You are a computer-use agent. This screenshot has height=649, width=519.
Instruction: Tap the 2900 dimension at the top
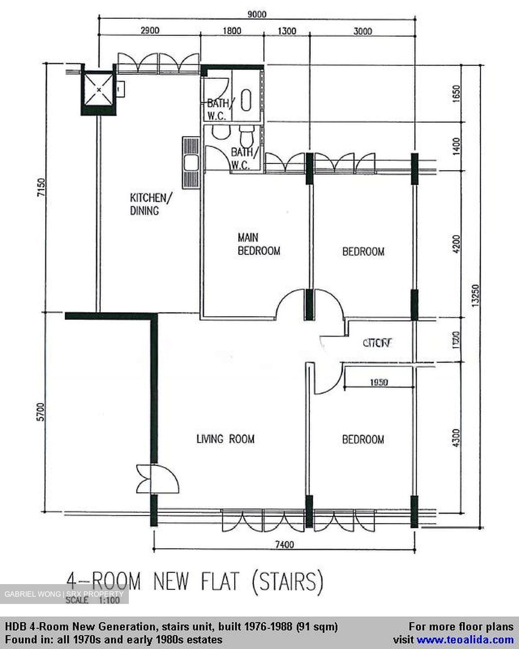(x=150, y=31)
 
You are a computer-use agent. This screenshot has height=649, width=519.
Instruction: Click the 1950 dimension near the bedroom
(x=379, y=383)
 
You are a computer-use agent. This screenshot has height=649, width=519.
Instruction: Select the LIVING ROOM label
(x=225, y=439)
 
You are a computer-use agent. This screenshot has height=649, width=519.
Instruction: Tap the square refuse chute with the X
(x=98, y=89)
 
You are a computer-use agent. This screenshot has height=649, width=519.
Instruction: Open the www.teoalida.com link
(x=465, y=639)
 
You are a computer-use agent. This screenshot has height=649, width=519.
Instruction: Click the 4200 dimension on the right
(x=456, y=244)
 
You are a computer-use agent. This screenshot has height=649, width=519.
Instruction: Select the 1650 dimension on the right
(x=456, y=94)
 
